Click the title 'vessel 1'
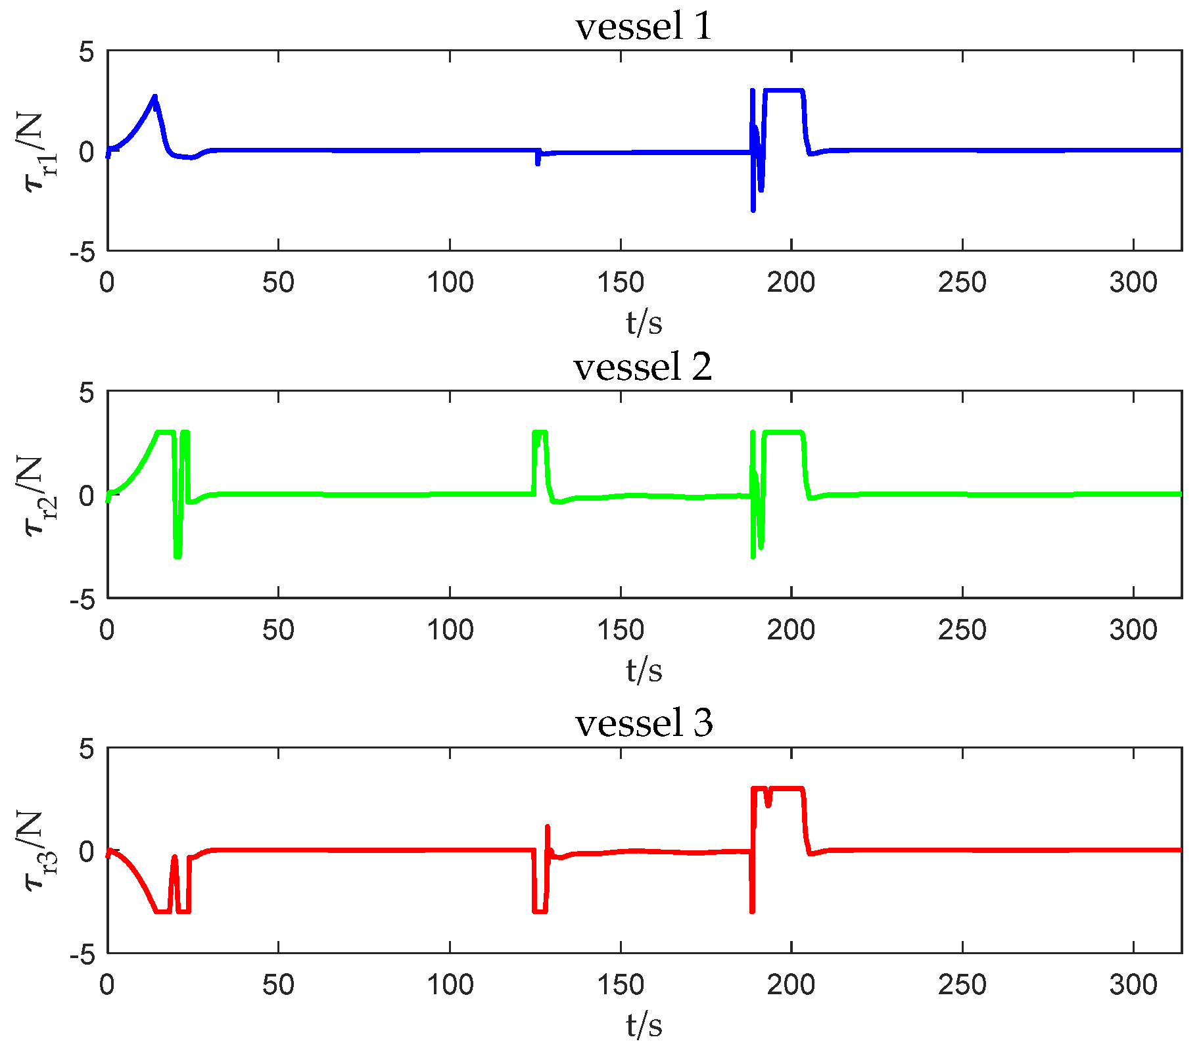click(644, 27)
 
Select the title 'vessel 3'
click(644, 723)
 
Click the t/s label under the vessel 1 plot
click(644, 322)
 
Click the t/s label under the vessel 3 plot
click(644, 1025)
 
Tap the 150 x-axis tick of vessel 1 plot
click(620, 283)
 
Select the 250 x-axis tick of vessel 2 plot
click(962, 630)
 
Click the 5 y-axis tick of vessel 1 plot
click(87, 52)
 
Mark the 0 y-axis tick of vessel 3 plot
click(87, 851)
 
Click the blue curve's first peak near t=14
click(155, 97)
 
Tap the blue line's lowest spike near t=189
click(753, 209)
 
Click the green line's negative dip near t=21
click(177, 555)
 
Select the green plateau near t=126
click(540, 432)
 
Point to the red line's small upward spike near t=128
click(547, 828)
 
